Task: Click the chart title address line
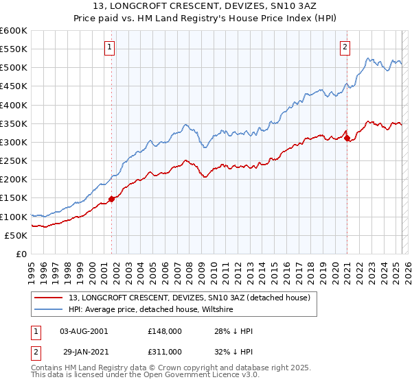point(205,7)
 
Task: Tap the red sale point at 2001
point(111,199)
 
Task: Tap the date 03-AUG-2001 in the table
point(84,331)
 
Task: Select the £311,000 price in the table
point(165,351)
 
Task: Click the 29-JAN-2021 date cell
point(84,351)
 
